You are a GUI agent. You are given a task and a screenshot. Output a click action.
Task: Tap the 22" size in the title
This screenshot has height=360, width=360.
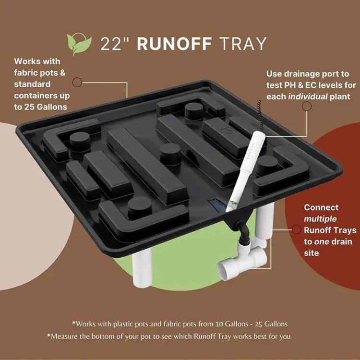pyautogui.click(x=116, y=44)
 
